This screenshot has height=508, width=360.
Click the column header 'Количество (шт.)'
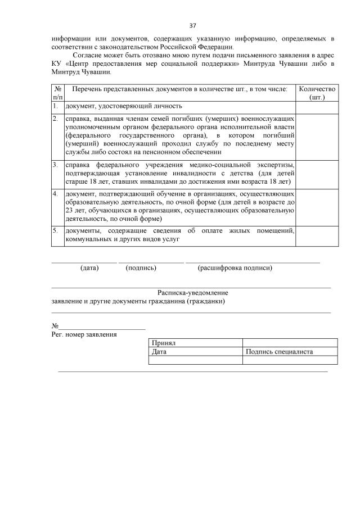click(317, 93)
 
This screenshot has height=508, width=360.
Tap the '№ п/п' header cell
click(57, 93)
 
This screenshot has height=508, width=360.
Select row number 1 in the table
click(56, 106)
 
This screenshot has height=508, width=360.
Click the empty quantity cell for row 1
click(317, 106)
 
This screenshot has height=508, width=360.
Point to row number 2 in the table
click(56, 119)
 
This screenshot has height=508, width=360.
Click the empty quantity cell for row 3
click(317, 174)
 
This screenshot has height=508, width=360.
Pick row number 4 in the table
click(56, 194)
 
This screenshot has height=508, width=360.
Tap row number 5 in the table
click(56, 230)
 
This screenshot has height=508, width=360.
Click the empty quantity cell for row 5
click(317, 235)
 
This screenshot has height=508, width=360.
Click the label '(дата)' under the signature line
click(89, 268)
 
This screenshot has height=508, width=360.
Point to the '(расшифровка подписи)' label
click(235, 268)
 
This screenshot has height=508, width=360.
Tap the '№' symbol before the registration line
click(55, 326)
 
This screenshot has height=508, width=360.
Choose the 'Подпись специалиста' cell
click(280, 352)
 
